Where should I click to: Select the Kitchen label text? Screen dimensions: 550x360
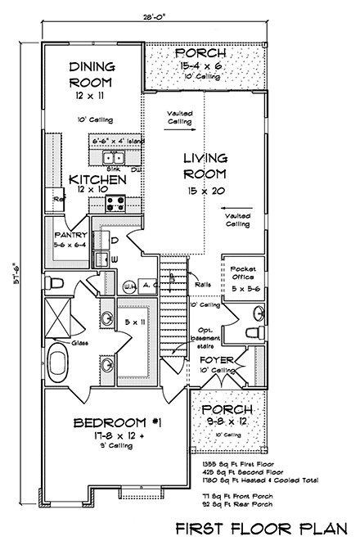97,179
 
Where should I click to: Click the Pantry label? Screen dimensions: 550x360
70,234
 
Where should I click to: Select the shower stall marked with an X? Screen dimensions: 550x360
60,313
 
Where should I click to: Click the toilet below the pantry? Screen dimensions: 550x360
56,282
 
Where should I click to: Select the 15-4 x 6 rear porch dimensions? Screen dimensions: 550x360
200,65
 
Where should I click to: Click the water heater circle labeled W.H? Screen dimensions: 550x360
130,286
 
